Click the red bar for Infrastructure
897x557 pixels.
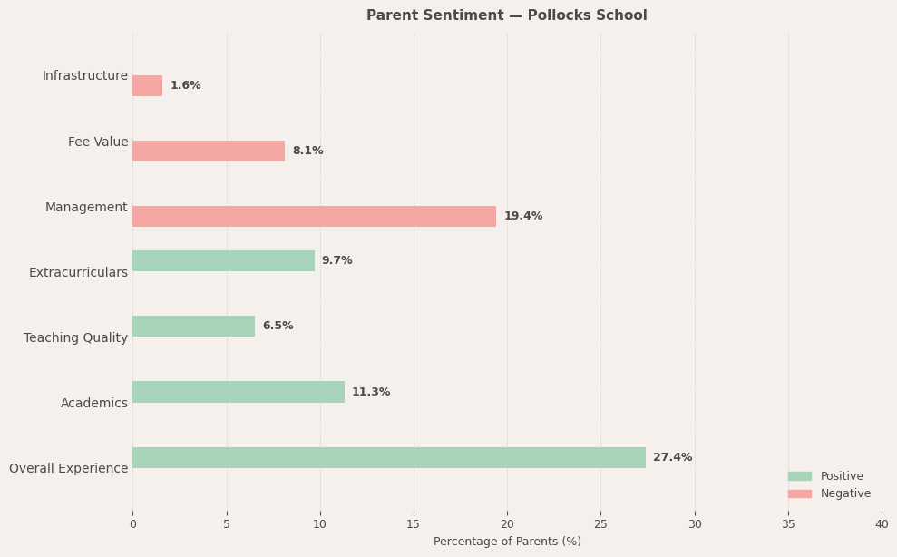tap(148, 85)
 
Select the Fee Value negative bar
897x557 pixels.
tap(209, 151)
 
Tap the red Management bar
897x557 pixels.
tap(314, 216)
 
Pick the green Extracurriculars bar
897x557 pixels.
tap(223, 260)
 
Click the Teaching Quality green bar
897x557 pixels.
tap(193, 326)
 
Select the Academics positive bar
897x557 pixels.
tap(239, 392)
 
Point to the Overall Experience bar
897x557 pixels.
tap(389, 457)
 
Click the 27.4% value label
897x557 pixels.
tap(672, 457)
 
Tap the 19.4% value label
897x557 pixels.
tap(522, 216)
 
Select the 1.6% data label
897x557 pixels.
tap(185, 85)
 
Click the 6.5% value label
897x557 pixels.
tap(278, 326)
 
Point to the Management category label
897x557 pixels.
tap(86, 208)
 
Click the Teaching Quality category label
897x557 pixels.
tap(75, 337)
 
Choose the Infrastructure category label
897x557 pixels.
tap(84, 76)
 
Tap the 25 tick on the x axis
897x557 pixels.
tap(600, 523)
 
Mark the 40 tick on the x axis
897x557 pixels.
tap(881, 523)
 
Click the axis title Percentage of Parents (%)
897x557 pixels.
tap(507, 542)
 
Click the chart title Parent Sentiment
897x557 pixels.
tap(506, 15)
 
